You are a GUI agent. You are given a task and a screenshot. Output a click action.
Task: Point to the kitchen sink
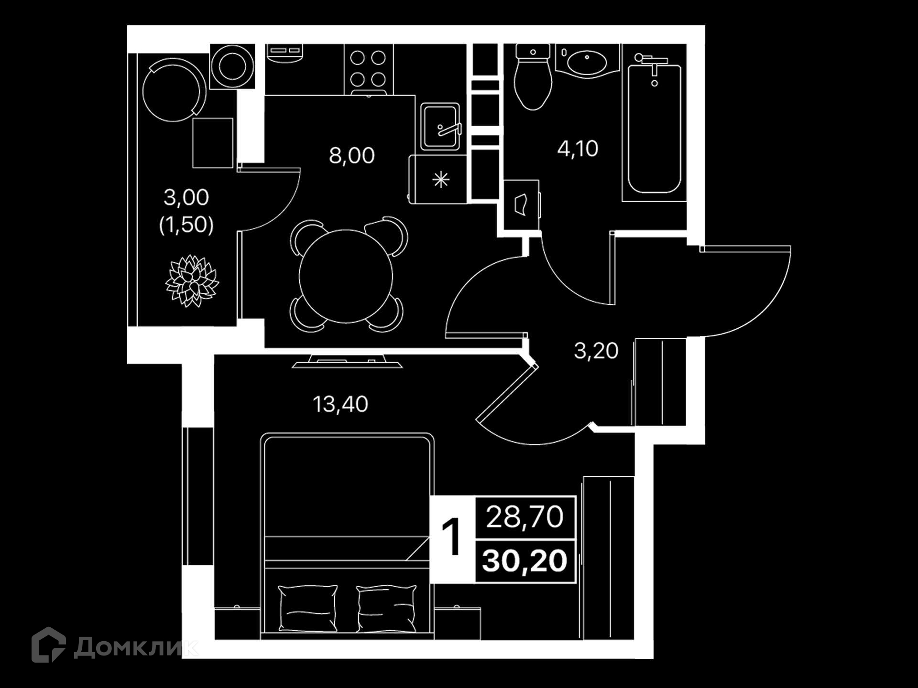[440, 127]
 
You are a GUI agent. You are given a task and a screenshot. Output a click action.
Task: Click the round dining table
[346, 276]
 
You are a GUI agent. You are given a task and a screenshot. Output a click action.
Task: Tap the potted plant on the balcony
[192, 280]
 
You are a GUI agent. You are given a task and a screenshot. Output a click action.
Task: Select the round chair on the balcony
[174, 90]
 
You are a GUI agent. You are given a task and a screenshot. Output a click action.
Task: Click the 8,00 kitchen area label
[352, 156]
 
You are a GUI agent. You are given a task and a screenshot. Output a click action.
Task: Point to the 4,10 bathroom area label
[578, 149]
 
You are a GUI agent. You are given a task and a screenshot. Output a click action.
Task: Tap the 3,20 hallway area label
[596, 351]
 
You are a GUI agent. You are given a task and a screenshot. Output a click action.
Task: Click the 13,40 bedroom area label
[340, 404]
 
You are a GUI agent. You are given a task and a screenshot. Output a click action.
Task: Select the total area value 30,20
[525, 561]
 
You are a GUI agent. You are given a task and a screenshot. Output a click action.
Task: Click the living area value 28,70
[525, 517]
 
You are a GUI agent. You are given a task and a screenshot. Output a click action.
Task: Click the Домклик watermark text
[136, 648]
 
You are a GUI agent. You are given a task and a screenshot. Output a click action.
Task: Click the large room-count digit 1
[451, 537]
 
